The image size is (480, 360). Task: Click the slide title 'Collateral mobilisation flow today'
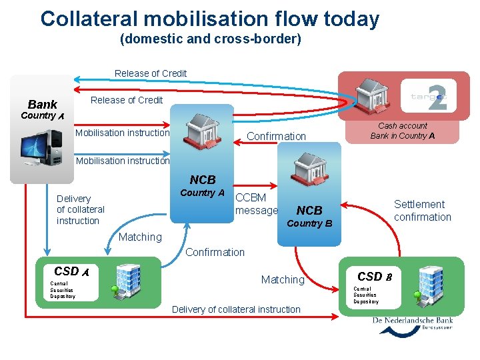[x=209, y=19]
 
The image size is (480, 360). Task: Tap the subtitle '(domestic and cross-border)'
[x=210, y=39]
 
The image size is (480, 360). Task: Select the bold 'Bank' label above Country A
[x=43, y=104]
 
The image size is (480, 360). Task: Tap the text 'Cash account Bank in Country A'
[x=403, y=131]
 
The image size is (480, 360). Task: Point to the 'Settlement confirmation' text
[x=422, y=211]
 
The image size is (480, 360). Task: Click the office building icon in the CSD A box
[x=127, y=281]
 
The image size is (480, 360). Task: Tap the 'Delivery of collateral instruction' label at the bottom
[x=236, y=309]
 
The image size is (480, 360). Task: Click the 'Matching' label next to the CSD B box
[x=283, y=280]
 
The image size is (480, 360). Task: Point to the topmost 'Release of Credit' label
[x=151, y=73]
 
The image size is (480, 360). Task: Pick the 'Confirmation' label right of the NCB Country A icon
[x=276, y=137]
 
